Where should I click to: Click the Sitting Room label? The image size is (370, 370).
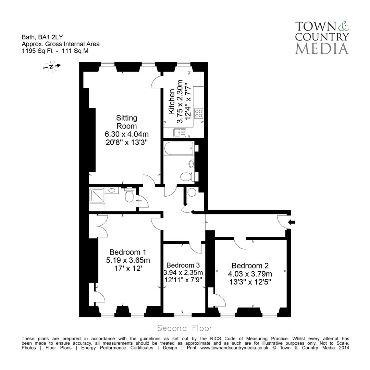[126, 122]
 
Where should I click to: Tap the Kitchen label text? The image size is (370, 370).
[172, 101]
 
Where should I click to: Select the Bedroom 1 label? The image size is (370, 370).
[128, 252]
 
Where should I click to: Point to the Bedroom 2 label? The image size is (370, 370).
[250, 266]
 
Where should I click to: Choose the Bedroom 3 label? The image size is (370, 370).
[183, 265]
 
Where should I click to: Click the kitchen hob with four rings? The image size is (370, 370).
[199, 113]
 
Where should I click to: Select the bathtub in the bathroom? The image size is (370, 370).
[178, 149]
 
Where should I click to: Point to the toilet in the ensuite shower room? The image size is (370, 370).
[129, 196]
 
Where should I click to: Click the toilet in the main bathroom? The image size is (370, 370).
[186, 177]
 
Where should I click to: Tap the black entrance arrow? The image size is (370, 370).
[292, 222]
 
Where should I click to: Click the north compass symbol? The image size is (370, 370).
[51, 66]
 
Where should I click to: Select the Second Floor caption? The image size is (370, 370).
[185, 328]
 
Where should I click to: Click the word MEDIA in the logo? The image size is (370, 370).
[322, 48]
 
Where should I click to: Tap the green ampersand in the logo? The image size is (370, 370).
[343, 26]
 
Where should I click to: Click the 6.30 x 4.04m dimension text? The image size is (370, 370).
[126, 134]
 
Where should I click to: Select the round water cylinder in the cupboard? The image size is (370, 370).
[192, 193]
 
